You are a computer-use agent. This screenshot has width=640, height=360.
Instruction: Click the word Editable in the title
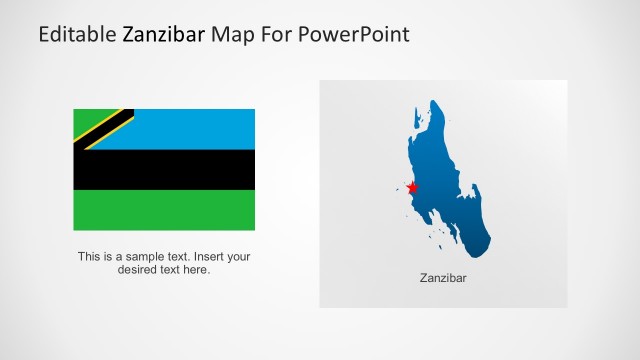pos(77,35)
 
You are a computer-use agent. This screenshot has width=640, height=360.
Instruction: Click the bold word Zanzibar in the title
pos(164,35)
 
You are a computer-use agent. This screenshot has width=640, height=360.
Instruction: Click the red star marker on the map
pos(412,188)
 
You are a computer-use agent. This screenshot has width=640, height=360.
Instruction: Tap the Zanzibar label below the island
pos(443,278)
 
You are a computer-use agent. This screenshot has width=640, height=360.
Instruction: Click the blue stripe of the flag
pos(190,128)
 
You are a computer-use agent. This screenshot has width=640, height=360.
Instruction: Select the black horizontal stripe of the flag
pos(164,170)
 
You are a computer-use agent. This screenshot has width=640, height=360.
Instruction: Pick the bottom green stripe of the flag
pos(164,210)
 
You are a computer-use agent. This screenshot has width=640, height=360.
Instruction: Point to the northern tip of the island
pos(435,105)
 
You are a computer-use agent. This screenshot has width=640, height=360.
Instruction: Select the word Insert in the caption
pos(206,256)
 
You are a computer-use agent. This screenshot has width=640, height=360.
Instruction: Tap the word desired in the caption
pos(138,269)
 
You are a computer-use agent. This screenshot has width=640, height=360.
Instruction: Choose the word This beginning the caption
pos(89,256)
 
